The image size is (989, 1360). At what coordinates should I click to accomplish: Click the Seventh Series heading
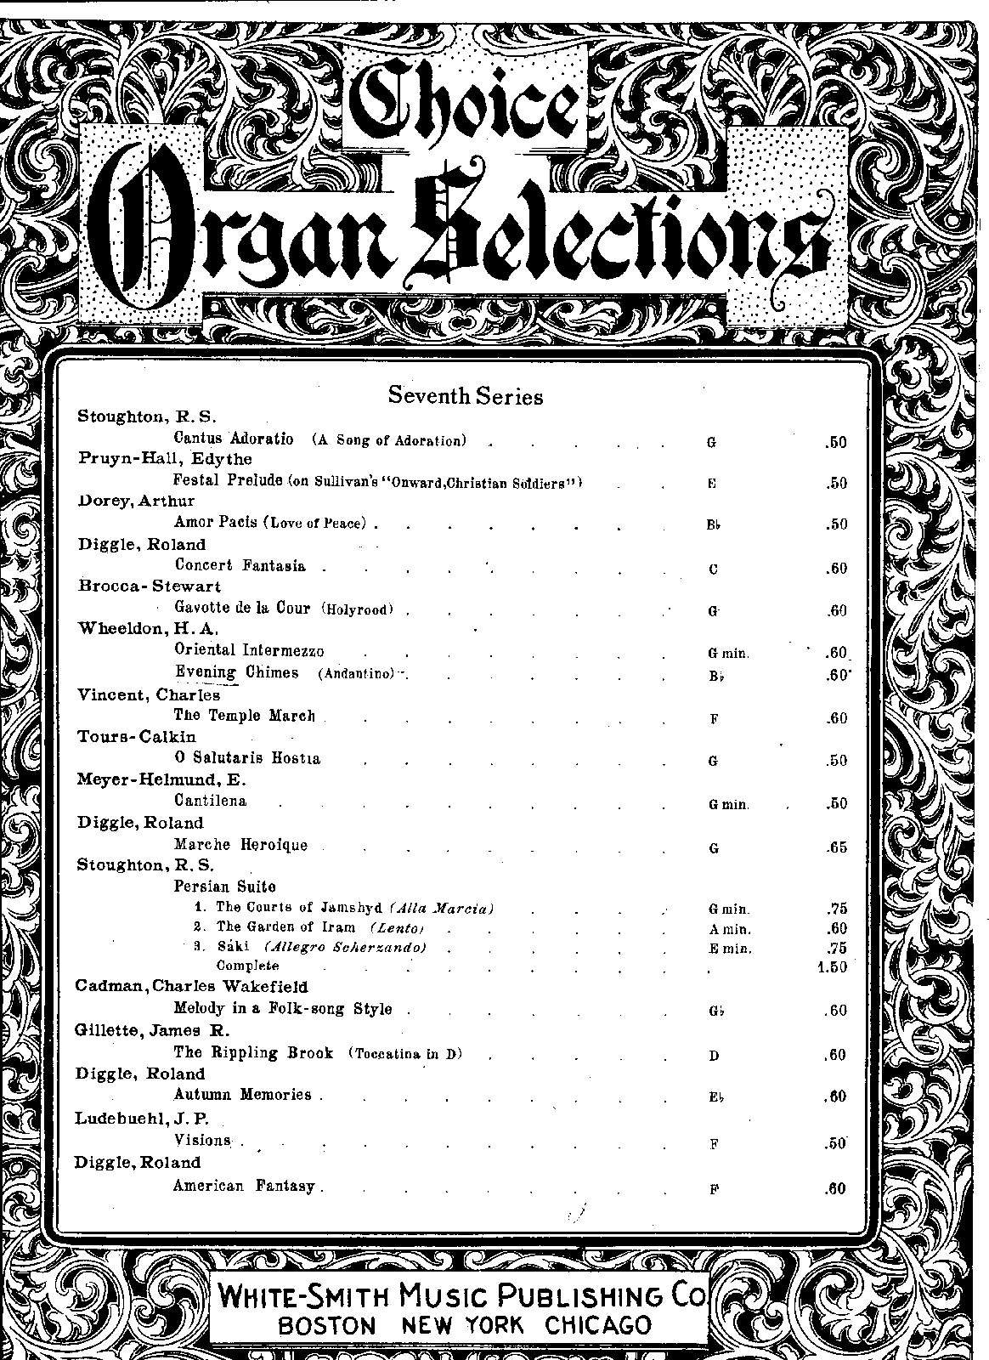(465, 395)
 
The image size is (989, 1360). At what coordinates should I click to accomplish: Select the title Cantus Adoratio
(234, 439)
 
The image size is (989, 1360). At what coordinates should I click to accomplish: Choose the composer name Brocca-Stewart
(150, 586)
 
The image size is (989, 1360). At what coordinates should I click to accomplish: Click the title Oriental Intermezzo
(249, 651)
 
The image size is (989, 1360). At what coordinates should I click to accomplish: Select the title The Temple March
(244, 716)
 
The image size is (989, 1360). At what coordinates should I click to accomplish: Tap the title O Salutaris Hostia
(247, 758)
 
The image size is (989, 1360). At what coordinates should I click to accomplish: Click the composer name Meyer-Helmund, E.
(161, 779)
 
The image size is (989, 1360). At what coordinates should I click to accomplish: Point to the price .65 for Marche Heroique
(836, 847)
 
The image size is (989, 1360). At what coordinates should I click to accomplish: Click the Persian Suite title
(224, 887)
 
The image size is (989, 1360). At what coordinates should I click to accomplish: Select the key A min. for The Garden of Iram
(730, 929)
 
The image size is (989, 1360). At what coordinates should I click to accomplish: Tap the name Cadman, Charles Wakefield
(191, 987)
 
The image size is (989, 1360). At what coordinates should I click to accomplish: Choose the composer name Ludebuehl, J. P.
(142, 1118)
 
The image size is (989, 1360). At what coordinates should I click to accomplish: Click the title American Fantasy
(244, 1186)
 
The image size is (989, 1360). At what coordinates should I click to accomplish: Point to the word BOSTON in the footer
(327, 1325)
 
